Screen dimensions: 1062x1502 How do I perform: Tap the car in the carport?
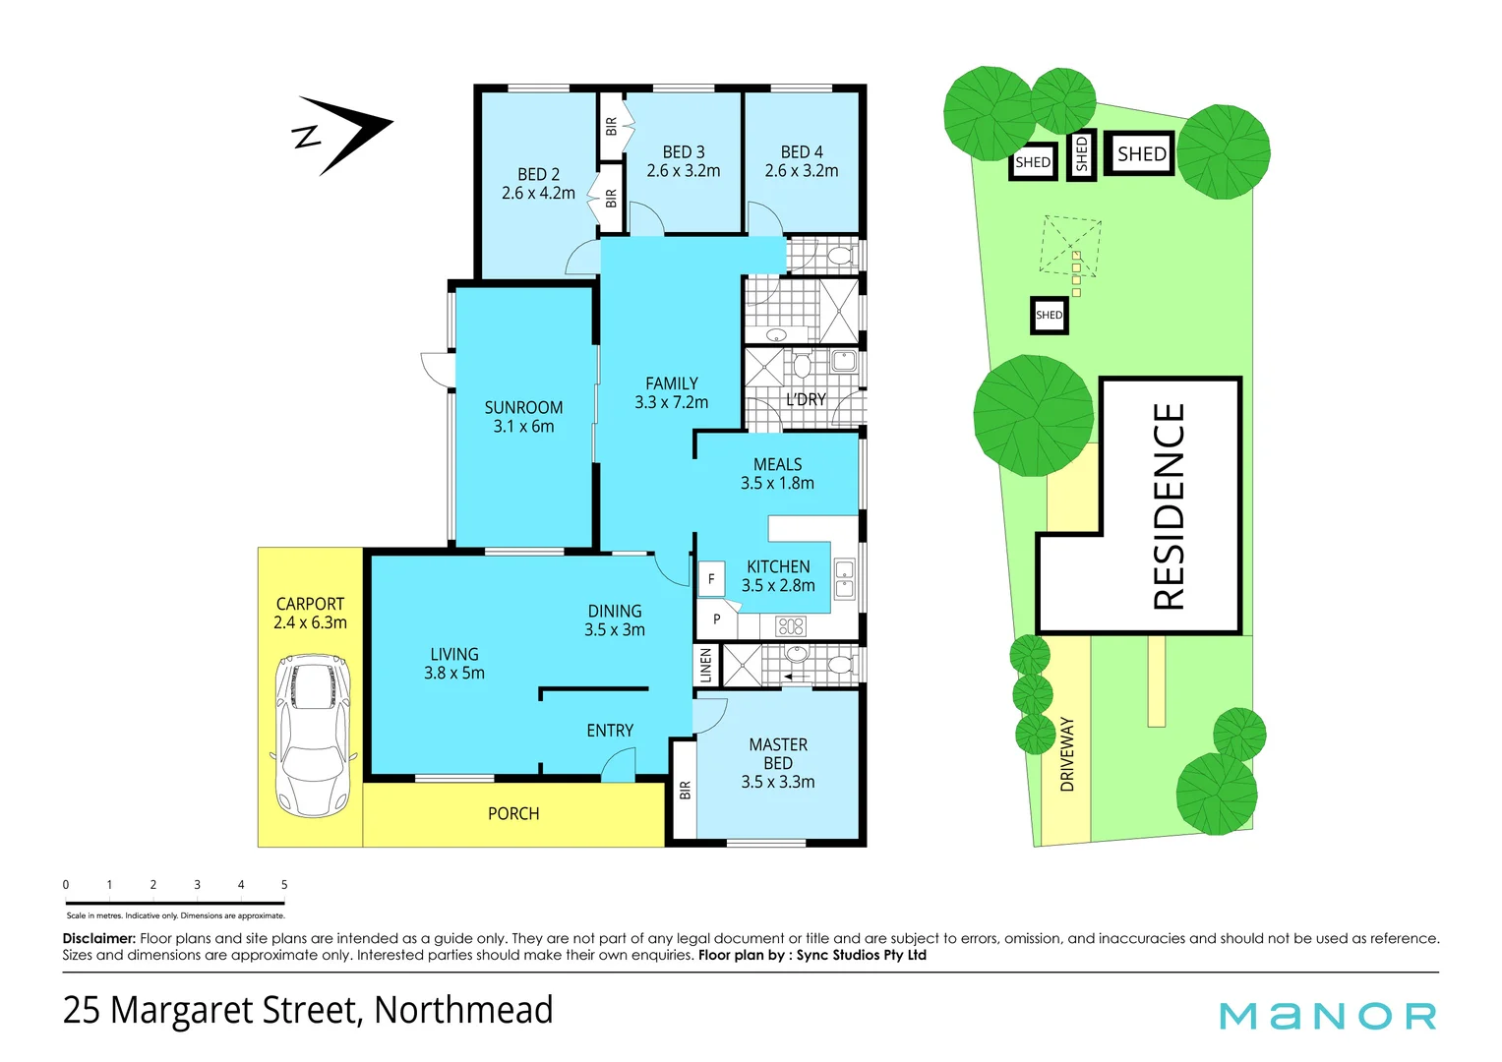click(312, 737)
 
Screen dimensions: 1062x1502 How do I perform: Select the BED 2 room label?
click(538, 184)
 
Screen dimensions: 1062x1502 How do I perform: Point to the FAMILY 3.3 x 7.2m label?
click(672, 392)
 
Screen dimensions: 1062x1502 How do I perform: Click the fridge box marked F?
click(711, 579)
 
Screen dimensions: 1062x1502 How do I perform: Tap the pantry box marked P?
click(717, 619)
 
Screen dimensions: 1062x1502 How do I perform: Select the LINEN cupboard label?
click(705, 666)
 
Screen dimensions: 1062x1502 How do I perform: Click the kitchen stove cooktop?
click(791, 625)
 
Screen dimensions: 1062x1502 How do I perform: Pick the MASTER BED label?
click(778, 763)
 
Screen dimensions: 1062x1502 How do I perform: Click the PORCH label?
click(513, 813)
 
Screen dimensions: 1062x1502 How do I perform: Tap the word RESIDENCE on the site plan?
click(1169, 506)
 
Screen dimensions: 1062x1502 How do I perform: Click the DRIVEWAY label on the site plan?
click(1067, 754)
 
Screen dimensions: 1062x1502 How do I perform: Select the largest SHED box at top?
click(1141, 153)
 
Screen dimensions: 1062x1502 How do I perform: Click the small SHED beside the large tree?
click(1049, 316)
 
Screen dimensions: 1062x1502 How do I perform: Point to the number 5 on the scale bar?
click(284, 885)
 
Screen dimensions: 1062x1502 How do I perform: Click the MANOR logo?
click(1328, 1016)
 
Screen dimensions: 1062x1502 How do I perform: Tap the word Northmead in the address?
click(463, 1010)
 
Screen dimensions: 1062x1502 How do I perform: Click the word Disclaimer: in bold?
click(98, 938)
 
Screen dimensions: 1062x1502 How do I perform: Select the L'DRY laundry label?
click(806, 399)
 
